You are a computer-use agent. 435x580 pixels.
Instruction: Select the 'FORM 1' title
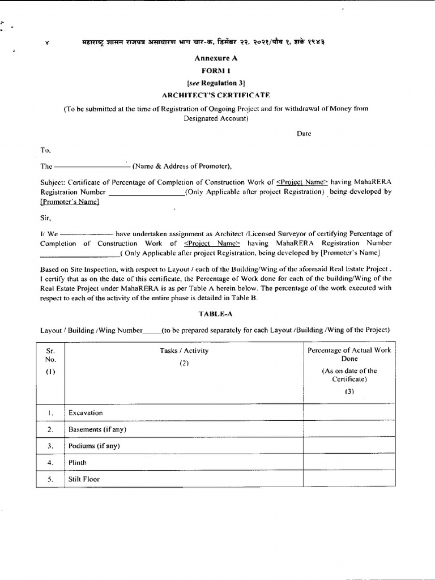tap(217, 70)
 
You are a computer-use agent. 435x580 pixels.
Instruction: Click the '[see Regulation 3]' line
tap(217, 83)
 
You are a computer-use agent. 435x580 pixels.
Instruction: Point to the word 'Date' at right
tap(304, 134)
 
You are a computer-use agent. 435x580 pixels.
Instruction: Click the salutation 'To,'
tap(45, 150)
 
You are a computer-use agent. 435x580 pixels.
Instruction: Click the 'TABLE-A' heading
tap(214, 313)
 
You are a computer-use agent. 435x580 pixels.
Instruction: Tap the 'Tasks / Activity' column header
tap(184, 351)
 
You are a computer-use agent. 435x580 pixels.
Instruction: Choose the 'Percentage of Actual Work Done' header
tap(349, 355)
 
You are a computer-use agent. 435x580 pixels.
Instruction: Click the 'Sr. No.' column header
tap(51, 355)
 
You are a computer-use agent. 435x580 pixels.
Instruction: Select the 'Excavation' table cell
tap(86, 413)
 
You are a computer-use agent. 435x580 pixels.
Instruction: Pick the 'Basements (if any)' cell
tap(97, 429)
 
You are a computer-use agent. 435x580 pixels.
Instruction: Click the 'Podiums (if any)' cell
tap(94, 446)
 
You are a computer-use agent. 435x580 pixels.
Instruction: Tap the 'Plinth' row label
tap(78, 462)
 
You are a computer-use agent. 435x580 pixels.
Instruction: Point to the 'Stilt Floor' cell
tap(84, 479)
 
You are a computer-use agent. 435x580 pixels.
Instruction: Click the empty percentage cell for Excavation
tap(349, 413)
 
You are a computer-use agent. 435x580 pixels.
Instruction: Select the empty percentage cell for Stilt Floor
tap(349, 479)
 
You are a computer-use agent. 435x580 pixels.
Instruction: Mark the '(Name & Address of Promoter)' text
tap(182, 167)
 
